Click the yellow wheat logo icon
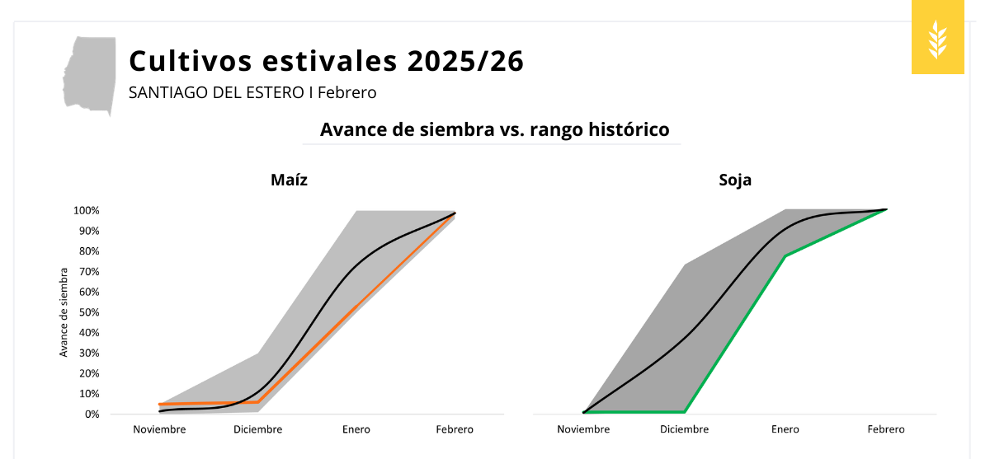point(938,38)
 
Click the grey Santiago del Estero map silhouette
point(90,74)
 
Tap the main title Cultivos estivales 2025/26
point(326,61)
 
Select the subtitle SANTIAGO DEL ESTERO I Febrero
point(252,92)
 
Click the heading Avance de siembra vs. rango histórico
point(494,129)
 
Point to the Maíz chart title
point(289,180)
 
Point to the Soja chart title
point(735,180)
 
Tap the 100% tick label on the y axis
point(86,210)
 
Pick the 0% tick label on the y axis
point(91,414)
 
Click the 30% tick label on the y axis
point(88,353)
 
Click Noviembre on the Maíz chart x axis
point(159,429)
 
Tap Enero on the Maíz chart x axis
point(356,429)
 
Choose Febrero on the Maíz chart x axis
point(455,429)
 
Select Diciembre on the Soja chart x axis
point(684,429)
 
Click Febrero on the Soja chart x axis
point(885,429)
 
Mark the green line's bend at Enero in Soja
point(785,256)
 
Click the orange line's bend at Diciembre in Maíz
point(258,402)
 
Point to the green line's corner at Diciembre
point(685,411)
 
